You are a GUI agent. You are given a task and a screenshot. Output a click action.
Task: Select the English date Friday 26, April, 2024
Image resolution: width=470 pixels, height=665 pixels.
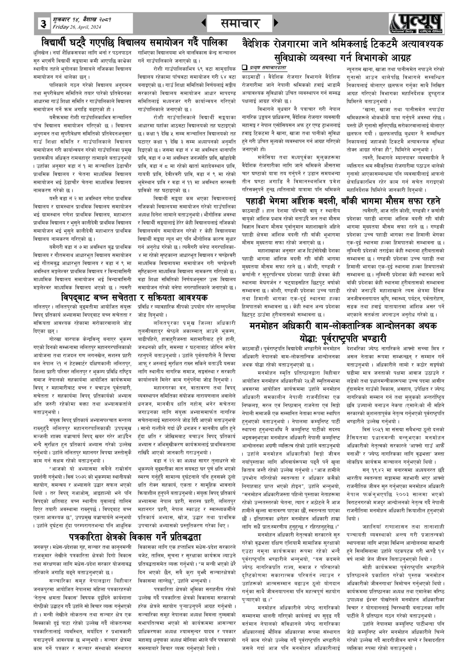[x=77, y=27]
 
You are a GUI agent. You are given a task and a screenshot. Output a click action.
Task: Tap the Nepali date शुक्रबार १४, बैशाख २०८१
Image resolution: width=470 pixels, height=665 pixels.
[x=82, y=20]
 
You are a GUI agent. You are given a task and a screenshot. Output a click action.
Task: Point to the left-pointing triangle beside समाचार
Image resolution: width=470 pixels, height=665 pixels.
[x=204, y=23]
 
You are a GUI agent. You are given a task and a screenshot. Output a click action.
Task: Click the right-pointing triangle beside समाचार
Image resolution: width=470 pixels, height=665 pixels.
[x=276, y=23]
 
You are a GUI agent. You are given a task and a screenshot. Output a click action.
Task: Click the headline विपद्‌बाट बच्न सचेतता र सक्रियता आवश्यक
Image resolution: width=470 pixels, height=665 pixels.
[x=134, y=297]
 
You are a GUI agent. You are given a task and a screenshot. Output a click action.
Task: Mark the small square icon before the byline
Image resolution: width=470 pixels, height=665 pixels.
[x=244, y=68]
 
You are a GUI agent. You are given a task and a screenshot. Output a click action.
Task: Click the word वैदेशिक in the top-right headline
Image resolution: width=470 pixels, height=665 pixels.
[x=258, y=44]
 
